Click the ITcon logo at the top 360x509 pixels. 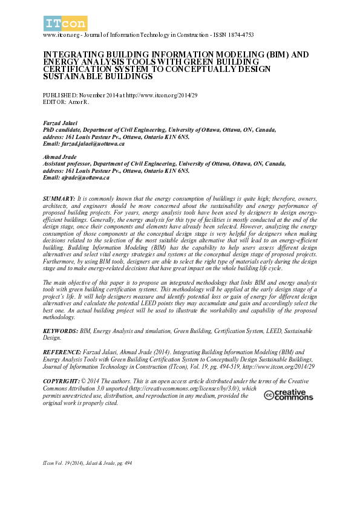(x=65, y=24)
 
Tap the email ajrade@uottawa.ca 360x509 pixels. (x=85, y=177)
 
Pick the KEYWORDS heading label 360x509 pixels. (x=61, y=332)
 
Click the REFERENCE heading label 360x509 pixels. (x=62, y=351)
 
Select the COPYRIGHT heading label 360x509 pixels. (x=62, y=381)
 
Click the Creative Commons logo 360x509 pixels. (x=289, y=395)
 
